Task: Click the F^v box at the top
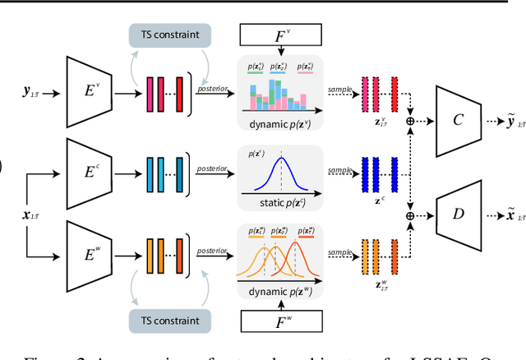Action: tap(281, 35)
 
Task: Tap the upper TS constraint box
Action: tap(168, 35)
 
